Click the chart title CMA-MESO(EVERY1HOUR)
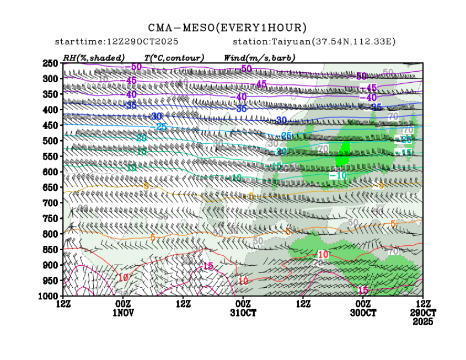pyautogui.click(x=227, y=28)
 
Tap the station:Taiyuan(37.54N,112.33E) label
pyautogui.click(x=314, y=42)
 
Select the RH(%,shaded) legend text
pyautogui.click(x=94, y=57)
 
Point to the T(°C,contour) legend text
pyautogui.click(x=174, y=57)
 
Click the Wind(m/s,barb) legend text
pyautogui.click(x=259, y=57)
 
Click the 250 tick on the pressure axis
pyautogui.click(x=50, y=63)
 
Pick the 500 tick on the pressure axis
pyautogui.click(x=50, y=141)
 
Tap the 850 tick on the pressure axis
pyautogui.click(x=50, y=250)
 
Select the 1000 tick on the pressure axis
pyautogui.click(x=49, y=296)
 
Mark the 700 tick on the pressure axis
pyautogui.click(x=50, y=203)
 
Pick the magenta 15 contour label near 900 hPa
pyautogui.click(x=208, y=266)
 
